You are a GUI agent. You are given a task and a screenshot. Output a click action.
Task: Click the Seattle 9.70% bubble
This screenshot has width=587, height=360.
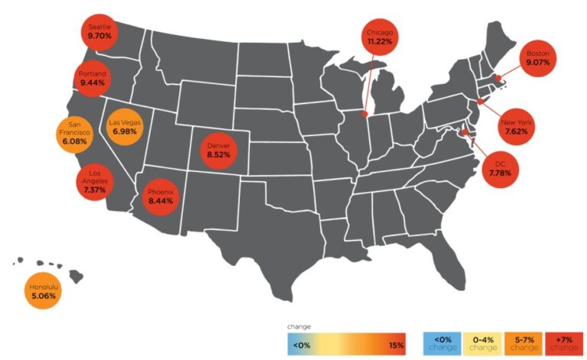(100, 31)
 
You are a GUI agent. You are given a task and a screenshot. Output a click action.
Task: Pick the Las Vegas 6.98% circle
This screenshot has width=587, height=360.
(125, 126)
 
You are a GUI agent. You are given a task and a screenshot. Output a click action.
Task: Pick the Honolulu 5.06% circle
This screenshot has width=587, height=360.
(43, 290)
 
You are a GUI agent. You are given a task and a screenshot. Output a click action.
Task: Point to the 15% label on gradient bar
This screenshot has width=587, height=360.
(396, 345)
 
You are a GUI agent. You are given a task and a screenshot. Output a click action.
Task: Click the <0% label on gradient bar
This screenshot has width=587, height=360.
(303, 345)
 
